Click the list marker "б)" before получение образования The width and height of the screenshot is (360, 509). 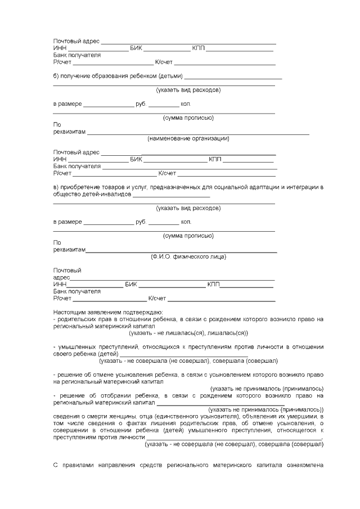[x=56, y=76]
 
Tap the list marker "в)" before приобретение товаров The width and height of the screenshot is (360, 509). [x=56, y=187]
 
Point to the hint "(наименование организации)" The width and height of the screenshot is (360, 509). [x=188, y=138]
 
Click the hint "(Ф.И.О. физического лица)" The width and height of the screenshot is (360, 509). [x=188, y=256]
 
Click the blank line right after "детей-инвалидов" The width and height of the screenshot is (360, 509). [x=171, y=195]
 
